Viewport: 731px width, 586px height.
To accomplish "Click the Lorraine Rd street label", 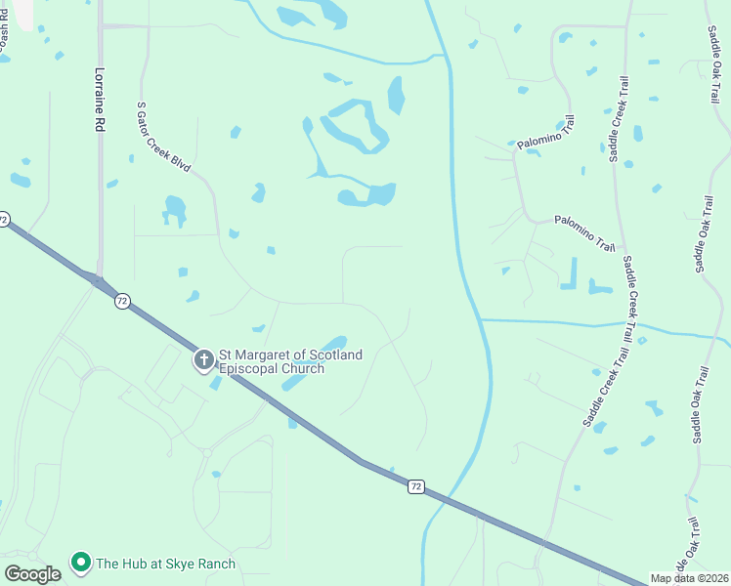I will point(99,100).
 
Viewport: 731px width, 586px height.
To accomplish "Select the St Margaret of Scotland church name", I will point(290,361).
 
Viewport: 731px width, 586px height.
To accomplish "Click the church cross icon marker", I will point(204,361).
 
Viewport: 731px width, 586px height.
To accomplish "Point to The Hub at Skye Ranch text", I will point(164,564).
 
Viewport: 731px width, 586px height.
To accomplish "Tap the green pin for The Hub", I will point(80,564).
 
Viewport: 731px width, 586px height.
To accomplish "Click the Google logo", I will point(32,573).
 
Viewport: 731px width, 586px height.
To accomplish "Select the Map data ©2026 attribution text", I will point(690,578).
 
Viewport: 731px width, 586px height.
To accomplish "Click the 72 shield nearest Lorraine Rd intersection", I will point(121,302).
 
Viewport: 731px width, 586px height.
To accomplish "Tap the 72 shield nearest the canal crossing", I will point(417,486).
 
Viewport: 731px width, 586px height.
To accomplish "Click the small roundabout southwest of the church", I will point(206,452).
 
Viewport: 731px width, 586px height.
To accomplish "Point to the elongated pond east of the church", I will point(316,363).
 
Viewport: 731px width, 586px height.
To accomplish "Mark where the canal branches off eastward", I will point(481,319).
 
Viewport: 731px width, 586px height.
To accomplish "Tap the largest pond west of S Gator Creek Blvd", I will point(175,208).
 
